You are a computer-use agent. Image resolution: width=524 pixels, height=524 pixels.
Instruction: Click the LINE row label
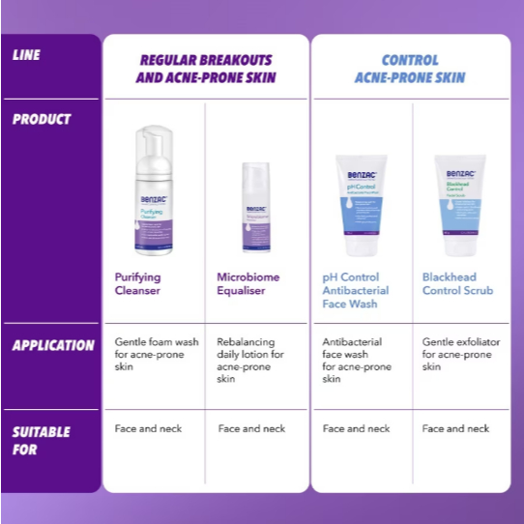(x=26, y=56)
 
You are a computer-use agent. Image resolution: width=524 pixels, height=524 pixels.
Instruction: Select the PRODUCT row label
(x=42, y=119)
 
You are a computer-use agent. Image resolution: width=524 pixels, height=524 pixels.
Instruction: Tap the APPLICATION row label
(x=53, y=345)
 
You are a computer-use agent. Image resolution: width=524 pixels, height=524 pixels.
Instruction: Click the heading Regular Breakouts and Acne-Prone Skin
(x=206, y=69)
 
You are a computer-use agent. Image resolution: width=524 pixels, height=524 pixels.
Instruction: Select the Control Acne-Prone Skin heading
(x=409, y=69)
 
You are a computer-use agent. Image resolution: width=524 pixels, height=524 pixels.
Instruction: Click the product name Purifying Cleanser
(x=138, y=283)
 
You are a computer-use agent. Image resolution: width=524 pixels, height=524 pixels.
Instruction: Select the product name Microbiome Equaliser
(x=247, y=283)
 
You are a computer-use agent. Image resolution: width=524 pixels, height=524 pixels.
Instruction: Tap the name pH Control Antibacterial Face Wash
(x=355, y=290)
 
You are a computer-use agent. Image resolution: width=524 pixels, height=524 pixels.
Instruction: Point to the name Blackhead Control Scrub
(x=457, y=283)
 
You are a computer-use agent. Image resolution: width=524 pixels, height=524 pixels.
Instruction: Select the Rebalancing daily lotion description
(x=246, y=360)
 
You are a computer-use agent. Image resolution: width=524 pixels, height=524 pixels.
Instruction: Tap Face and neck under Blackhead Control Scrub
(x=455, y=428)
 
